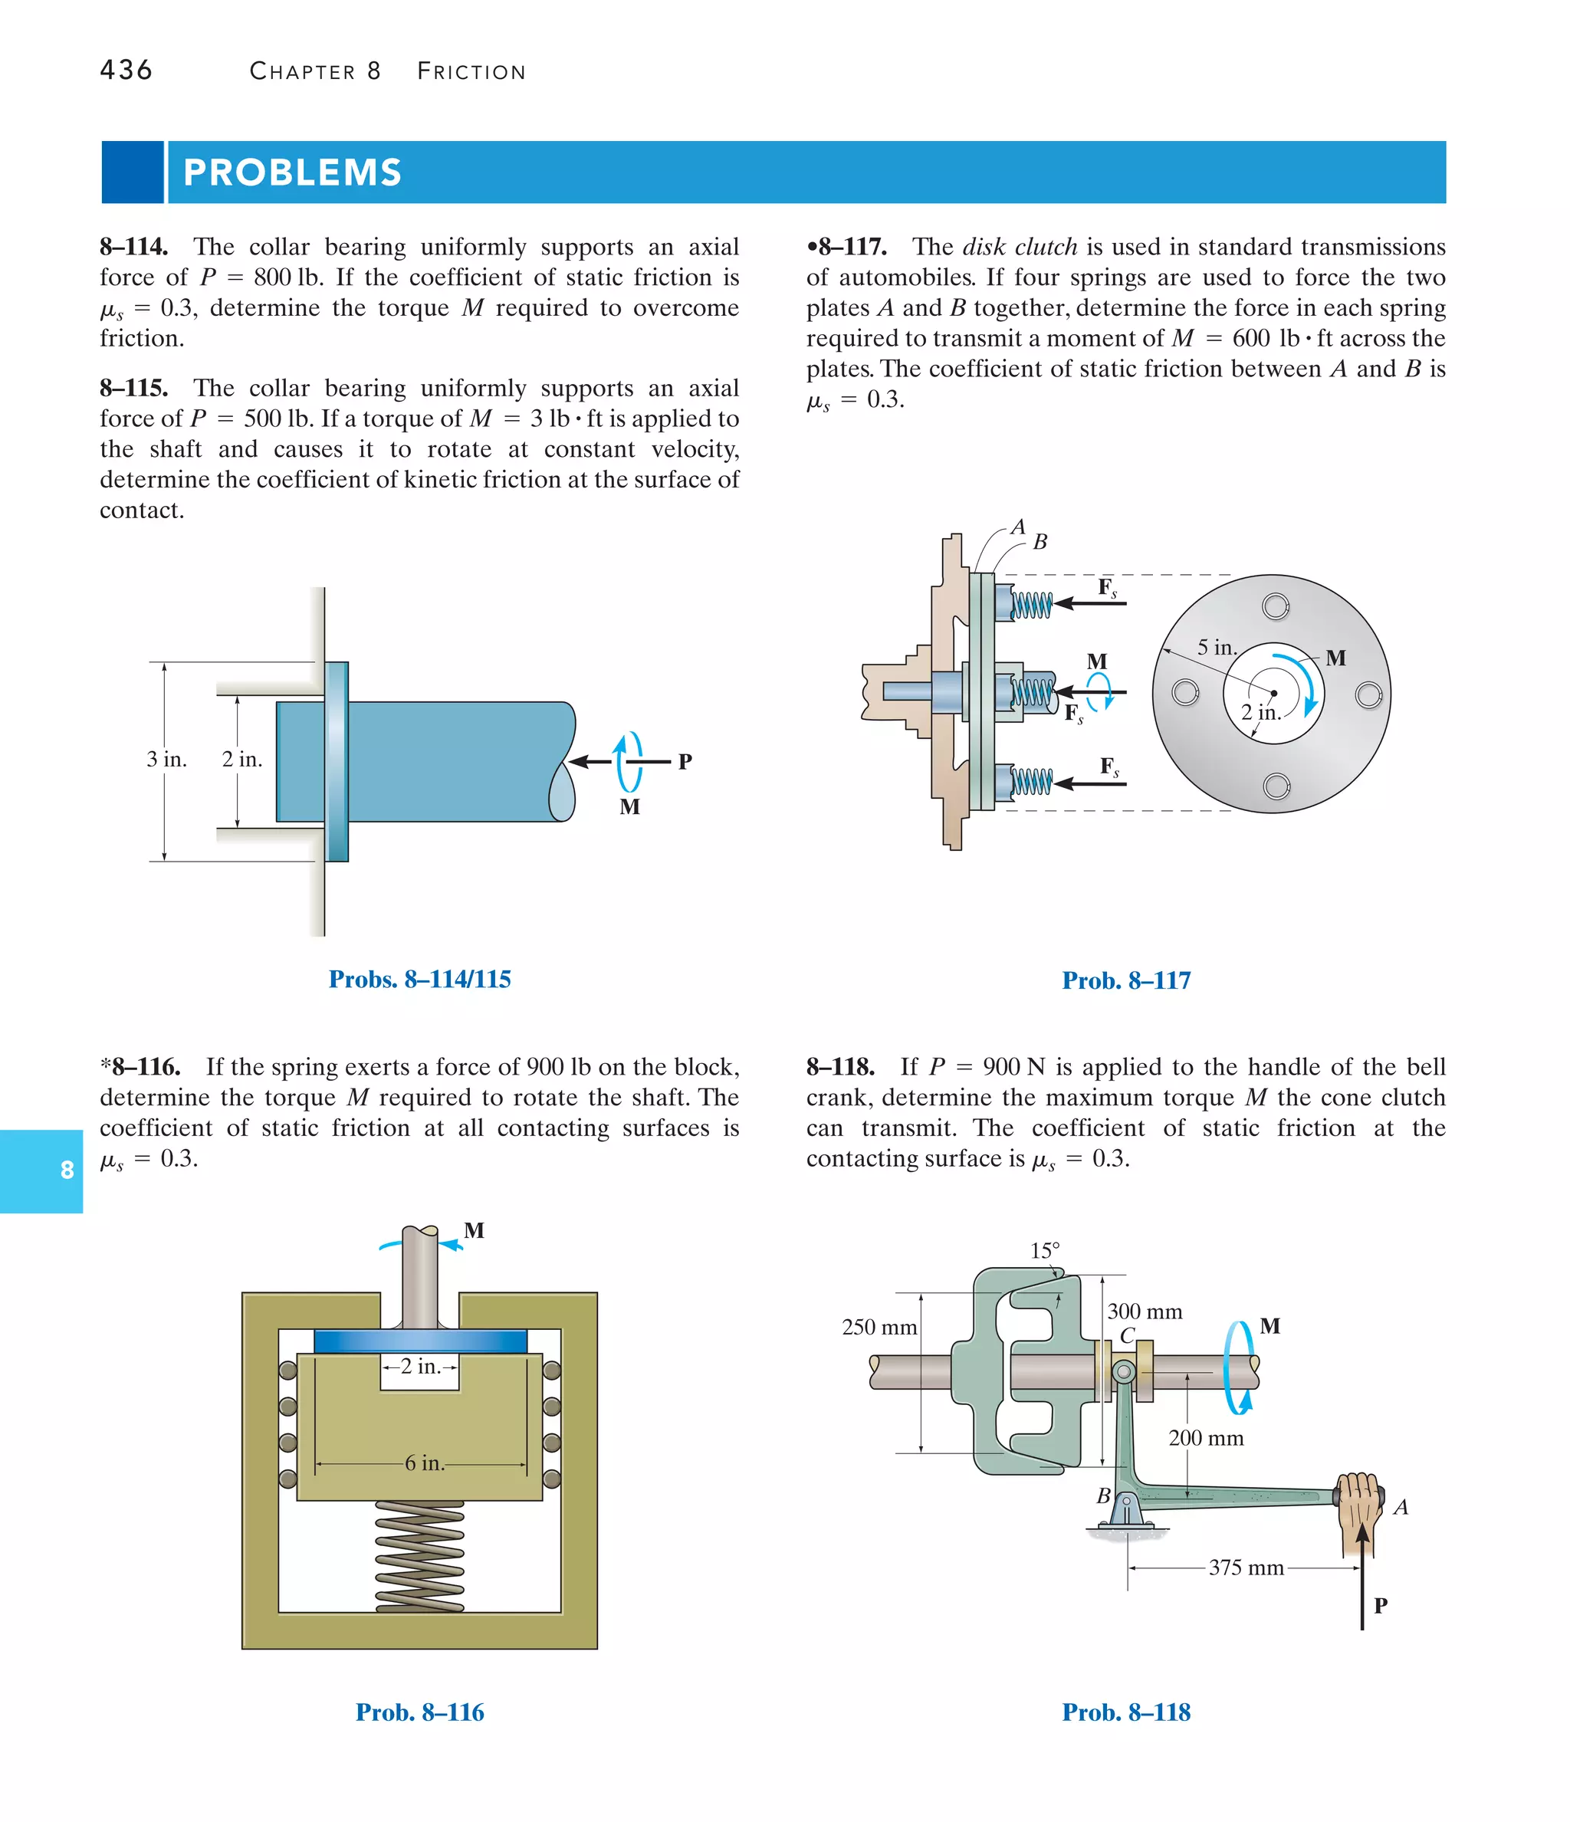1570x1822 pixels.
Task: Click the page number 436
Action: (x=126, y=71)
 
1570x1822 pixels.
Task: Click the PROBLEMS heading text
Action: (x=292, y=172)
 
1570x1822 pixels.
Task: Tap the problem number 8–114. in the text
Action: (x=133, y=247)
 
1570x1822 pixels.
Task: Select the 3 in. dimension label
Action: (x=166, y=759)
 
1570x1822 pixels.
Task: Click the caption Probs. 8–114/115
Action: (x=419, y=979)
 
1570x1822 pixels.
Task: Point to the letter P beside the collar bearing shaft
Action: (x=685, y=761)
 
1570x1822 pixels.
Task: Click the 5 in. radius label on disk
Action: (x=1217, y=648)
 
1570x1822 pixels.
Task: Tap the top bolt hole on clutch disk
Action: (x=1276, y=606)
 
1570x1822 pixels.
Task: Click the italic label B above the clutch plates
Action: (x=1040, y=542)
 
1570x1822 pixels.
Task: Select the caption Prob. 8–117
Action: (x=1126, y=980)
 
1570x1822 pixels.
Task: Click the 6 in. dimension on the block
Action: (x=424, y=1463)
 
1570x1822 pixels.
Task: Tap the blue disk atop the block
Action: (x=419, y=1341)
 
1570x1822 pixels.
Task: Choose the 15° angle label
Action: (x=1045, y=1250)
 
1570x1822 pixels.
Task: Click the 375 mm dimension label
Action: (x=1246, y=1568)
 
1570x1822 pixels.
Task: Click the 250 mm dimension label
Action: (x=879, y=1327)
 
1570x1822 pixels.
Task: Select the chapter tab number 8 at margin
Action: (x=67, y=1170)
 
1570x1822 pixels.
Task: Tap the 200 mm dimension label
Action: (x=1206, y=1439)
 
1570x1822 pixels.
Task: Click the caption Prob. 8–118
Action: (x=1126, y=1712)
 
